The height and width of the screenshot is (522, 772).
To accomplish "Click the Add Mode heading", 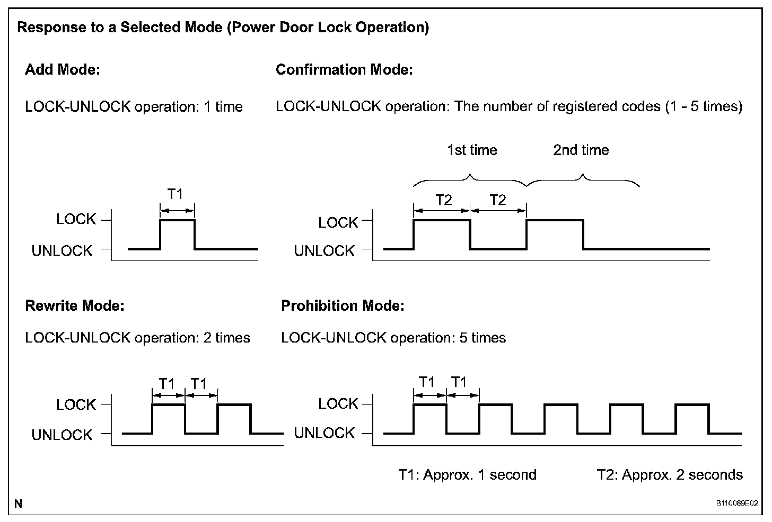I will click(x=63, y=70).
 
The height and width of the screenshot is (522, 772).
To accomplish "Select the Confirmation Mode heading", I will click(x=344, y=70).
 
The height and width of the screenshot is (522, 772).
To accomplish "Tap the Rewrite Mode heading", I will click(x=75, y=306).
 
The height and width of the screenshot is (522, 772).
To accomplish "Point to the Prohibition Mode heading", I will click(x=343, y=306).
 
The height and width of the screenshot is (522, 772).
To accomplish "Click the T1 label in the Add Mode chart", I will click(x=175, y=195).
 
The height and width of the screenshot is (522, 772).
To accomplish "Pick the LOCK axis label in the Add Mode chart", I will click(x=76, y=219).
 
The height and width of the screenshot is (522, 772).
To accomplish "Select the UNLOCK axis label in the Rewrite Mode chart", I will click(x=62, y=435).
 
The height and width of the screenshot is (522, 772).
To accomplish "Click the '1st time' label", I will click(x=472, y=150).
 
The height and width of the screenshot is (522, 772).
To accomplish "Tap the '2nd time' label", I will click(x=581, y=150).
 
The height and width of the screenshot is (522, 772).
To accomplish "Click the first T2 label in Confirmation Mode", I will click(x=443, y=200).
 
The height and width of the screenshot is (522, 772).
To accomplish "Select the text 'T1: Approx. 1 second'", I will click(x=467, y=475).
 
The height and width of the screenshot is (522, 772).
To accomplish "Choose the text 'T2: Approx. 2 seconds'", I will click(x=670, y=475).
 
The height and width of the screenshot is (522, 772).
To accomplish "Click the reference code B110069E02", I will click(x=737, y=503).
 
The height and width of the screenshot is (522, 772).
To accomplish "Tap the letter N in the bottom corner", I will click(x=19, y=503).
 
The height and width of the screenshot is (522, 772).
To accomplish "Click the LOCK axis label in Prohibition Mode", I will click(x=338, y=404).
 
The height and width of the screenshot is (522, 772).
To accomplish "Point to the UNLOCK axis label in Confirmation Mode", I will click(x=324, y=251).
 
